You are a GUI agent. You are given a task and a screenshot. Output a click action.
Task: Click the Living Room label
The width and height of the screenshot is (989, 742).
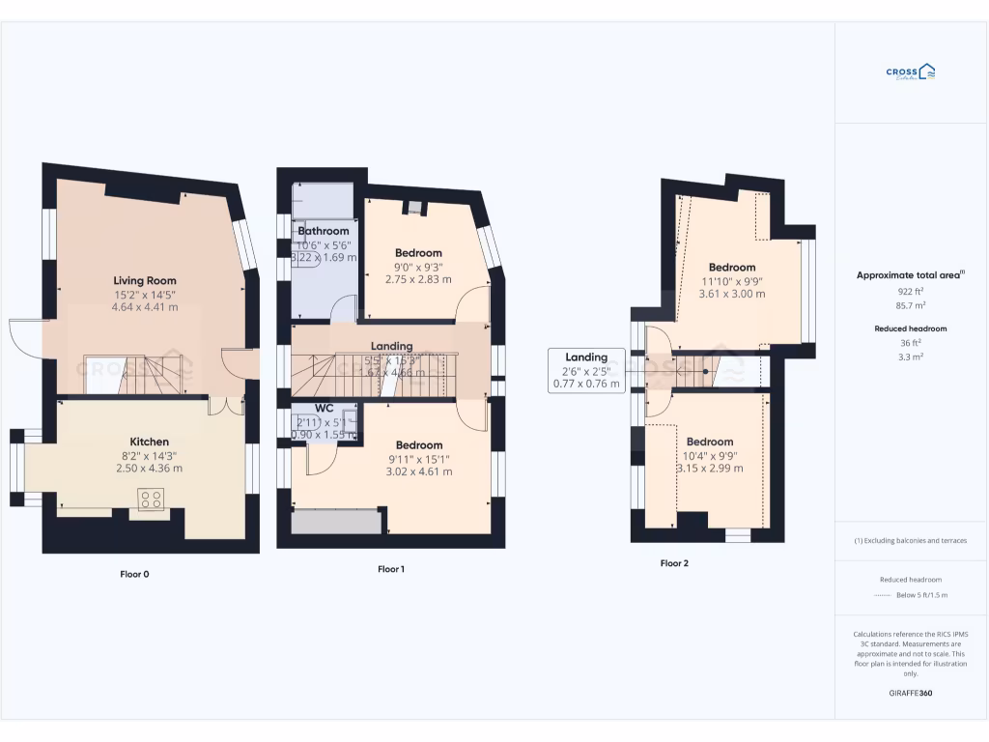coord(144,280)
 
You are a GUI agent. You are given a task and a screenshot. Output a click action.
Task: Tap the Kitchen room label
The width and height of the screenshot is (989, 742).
coord(150,442)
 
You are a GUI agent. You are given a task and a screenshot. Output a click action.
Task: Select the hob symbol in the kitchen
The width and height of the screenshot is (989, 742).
coord(151,499)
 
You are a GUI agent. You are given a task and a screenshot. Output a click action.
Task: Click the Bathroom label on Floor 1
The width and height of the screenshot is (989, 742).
coord(323,231)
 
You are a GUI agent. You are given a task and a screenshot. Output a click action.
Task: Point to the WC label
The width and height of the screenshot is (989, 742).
coord(324,408)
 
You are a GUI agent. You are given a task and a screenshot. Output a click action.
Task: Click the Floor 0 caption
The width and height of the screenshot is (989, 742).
coord(134,574)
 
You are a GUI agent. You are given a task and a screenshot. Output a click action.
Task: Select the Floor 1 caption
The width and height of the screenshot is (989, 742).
coord(391,569)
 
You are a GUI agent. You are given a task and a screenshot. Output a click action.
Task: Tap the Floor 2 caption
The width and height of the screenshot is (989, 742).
coord(674,563)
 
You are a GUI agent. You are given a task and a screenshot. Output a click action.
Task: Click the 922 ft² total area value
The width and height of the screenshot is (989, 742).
coord(911,291)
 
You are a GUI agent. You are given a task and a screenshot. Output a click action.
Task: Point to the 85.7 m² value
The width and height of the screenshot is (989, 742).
coord(911,304)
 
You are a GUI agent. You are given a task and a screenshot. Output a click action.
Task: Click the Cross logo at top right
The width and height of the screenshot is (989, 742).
coord(911,71)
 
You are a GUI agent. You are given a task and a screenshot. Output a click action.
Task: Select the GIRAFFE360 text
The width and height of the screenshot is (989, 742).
coord(911,693)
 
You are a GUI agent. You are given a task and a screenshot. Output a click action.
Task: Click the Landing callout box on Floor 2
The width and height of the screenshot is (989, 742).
coord(586,370)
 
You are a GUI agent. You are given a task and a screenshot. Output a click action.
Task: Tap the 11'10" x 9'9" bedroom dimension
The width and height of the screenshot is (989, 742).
coord(731,281)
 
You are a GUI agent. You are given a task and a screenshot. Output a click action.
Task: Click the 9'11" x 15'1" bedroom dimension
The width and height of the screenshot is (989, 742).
coord(418,459)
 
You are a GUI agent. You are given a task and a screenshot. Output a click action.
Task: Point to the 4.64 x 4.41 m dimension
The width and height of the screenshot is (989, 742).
coord(144,307)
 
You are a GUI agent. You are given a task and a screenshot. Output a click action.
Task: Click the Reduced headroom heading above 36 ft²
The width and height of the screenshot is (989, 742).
coord(911,328)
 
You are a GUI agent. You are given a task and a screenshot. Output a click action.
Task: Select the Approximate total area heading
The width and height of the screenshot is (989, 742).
coord(911,275)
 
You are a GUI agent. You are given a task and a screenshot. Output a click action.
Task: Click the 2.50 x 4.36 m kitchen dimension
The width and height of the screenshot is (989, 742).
coord(150,469)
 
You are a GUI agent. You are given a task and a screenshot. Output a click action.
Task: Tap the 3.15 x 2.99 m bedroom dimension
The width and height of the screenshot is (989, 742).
coord(710,469)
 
